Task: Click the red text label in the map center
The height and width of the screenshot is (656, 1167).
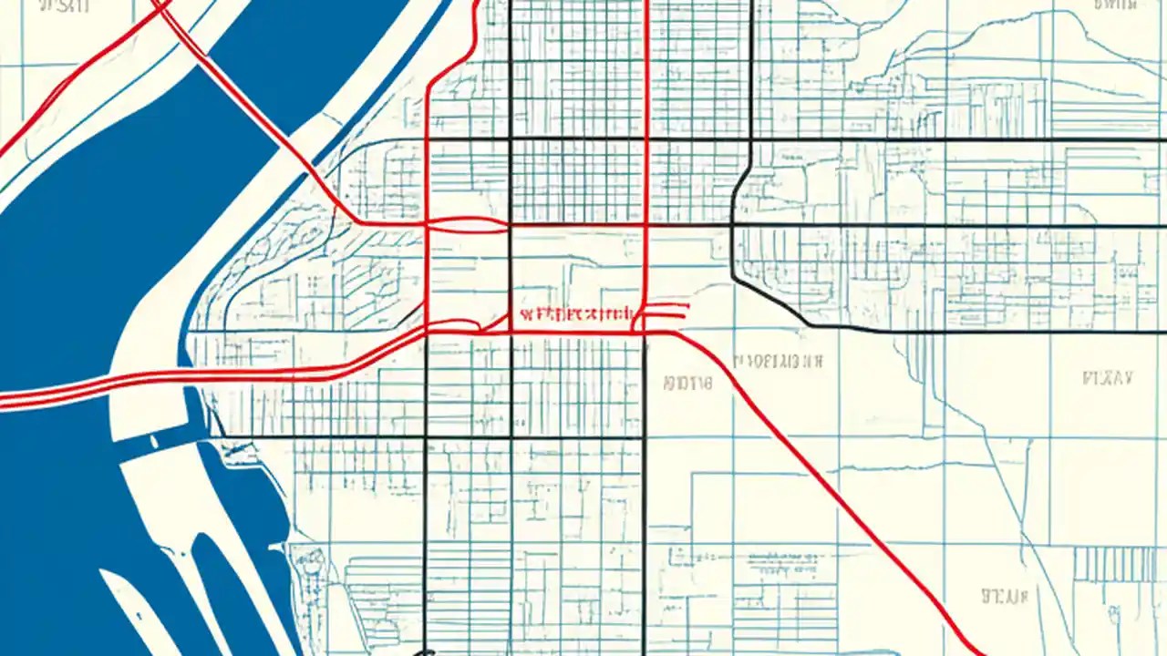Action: pos(575,315)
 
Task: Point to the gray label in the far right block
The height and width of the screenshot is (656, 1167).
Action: pos(1106,377)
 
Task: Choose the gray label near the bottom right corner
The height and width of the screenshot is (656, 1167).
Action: pos(1004,597)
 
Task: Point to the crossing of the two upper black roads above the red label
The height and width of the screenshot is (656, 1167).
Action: pos(511,140)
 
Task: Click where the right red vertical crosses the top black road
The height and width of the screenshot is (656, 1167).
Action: pos(646,140)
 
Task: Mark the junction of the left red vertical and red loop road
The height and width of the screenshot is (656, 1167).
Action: pos(428,222)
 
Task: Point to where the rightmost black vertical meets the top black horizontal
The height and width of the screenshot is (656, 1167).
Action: pos(750,140)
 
